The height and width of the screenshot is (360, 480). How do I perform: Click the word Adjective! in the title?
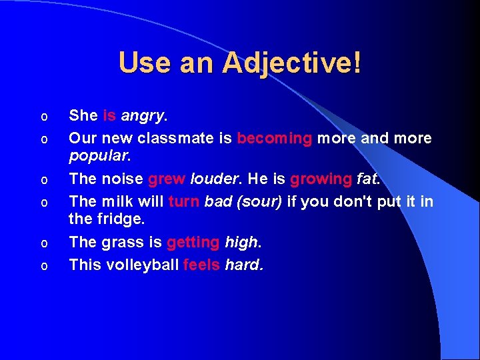coord(292,63)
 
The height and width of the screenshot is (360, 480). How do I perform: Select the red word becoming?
coord(275,139)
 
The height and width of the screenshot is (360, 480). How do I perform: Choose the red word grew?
coord(167,179)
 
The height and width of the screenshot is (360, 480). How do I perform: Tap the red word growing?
coord(321,179)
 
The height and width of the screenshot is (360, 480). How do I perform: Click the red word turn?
coord(184,202)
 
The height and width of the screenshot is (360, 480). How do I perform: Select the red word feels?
coord(201,265)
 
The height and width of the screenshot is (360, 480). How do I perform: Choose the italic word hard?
coord(243,265)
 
